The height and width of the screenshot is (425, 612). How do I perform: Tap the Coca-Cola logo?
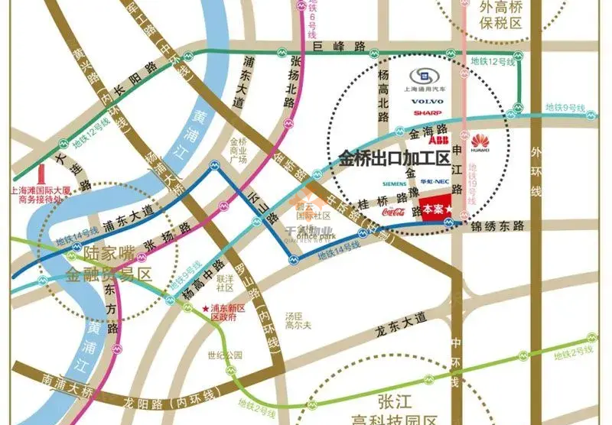pos(392,211)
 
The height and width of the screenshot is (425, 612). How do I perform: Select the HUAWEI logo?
pos(480,140)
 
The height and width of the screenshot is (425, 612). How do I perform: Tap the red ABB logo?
pos(438,141)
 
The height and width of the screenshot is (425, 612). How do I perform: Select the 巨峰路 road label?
pos(340,47)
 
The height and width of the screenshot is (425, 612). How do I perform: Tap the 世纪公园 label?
pos(224,355)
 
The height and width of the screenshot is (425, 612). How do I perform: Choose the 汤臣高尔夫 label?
pos(295,320)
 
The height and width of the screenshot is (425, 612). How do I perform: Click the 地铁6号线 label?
pos(311,21)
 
